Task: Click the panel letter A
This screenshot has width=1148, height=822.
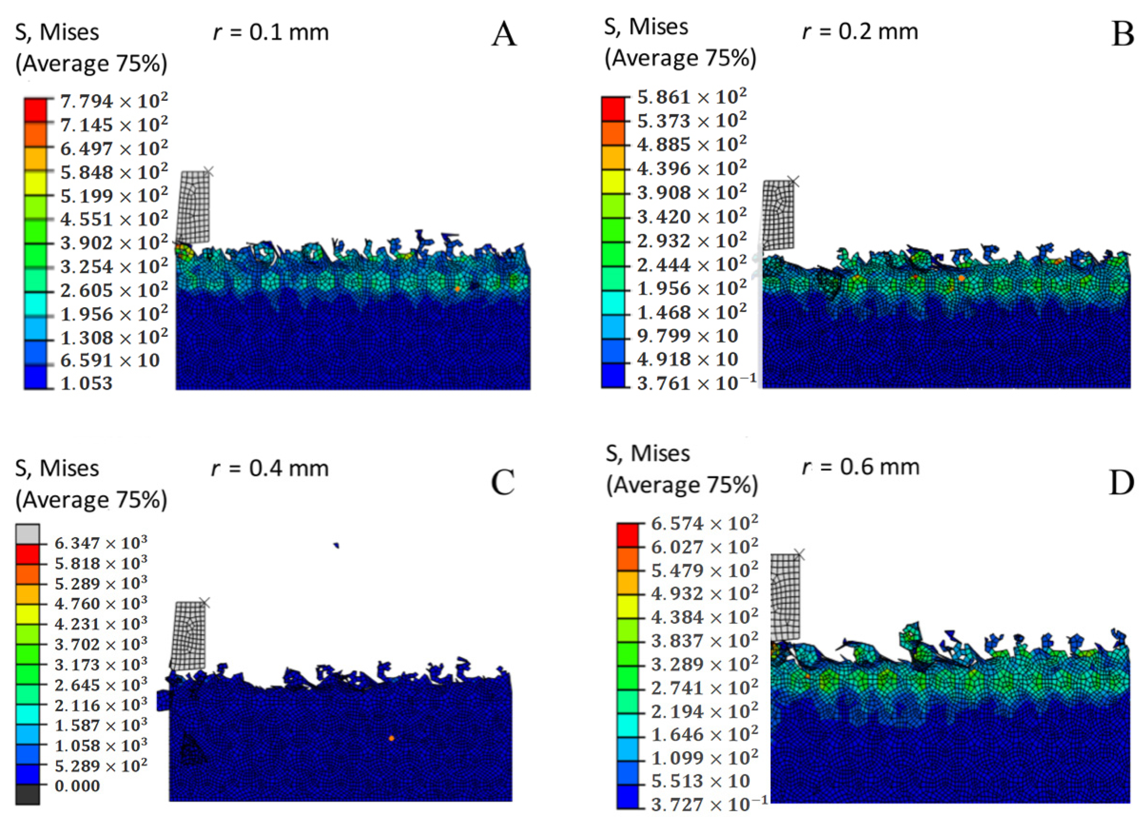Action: pyautogui.click(x=504, y=36)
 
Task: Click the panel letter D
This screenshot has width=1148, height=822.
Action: pyautogui.click(x=1122, y=483)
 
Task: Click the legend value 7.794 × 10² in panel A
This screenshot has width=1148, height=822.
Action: pyautogui.click(x=113, y=101)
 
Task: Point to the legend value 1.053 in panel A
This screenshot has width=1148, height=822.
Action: pyautogui.click(x=86, y=383)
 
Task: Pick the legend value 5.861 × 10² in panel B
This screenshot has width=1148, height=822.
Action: pyautogui.click(x=691, y=97)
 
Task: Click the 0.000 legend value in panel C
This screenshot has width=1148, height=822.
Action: pyautogui.click(x=77, y=786)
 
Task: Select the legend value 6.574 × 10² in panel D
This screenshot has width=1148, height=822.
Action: pyautogui.click(x=704, y=523)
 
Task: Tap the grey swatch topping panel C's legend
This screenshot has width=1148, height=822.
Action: pyautogui.click(x=27, y=534)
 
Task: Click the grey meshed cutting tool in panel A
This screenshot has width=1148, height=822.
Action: pyautogui.click(x=193, y=206)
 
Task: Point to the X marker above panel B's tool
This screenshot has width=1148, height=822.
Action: pyautogui.click(x=794, y=181)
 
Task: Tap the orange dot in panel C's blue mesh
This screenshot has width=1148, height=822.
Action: pyautogui.click(x=391, y=738)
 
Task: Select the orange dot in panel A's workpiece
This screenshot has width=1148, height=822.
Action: pyautogui.click(x=457, y=288)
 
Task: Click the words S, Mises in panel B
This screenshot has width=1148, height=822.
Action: pyautogui.click(x=646, y=26)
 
